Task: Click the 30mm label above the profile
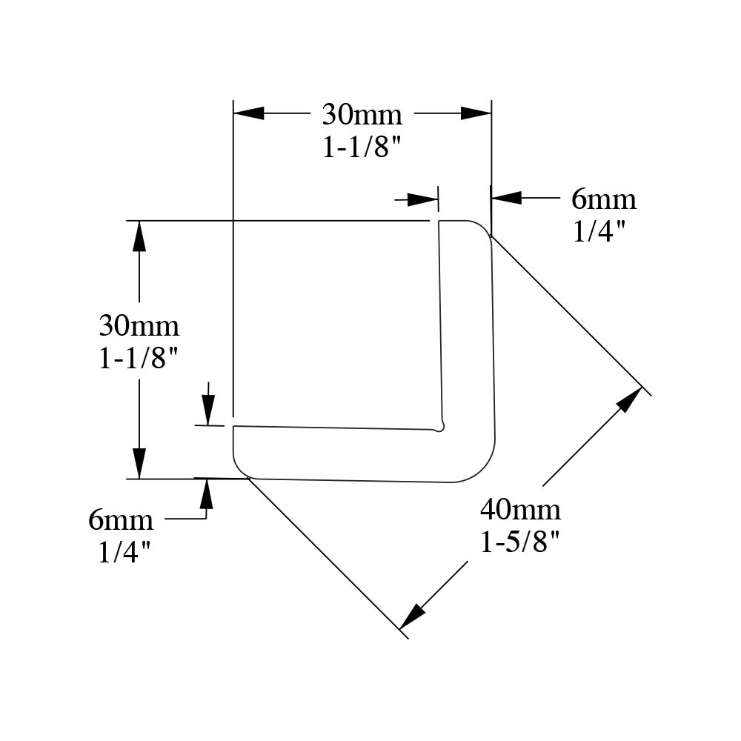click(362, 115)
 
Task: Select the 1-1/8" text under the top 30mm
click(362, 147)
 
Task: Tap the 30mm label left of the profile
click(139, 326)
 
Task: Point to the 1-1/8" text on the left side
click(139, 358)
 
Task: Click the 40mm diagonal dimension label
click(520, 510)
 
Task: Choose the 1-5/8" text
click(520, 542)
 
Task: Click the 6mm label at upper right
click(603, 199)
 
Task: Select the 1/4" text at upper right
click(599, 231)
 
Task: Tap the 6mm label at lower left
click(121, 520)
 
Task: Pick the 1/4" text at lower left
click(124, 552)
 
